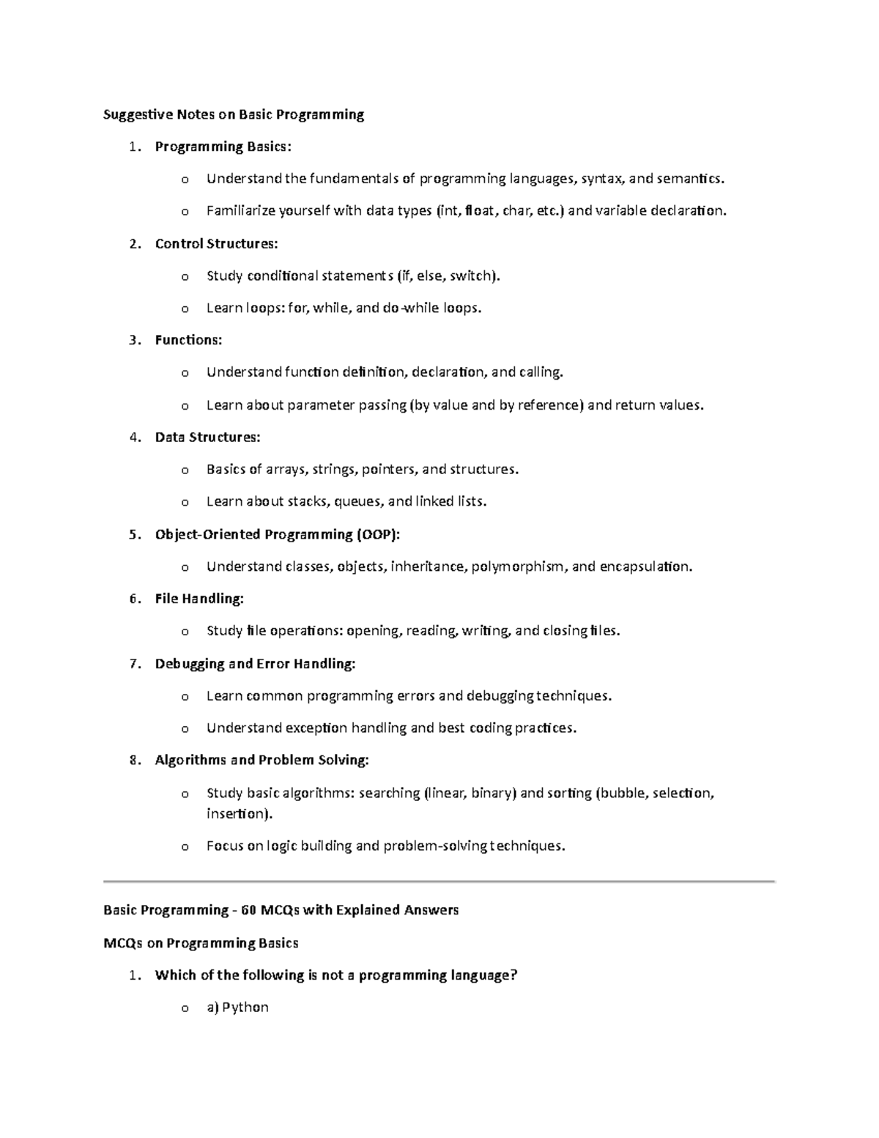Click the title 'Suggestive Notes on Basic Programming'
click(234, 114)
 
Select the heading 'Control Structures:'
click(216, 243)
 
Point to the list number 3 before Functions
click(133, 340)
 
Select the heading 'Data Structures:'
click(207, 437)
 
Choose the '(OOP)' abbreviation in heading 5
click(378, 534)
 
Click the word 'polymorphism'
click(518, 566)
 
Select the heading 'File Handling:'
click(199, 599)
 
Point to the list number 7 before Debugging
click(133, 664)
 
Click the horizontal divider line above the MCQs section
click(439, 881)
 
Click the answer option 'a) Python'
click(237, 1008)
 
